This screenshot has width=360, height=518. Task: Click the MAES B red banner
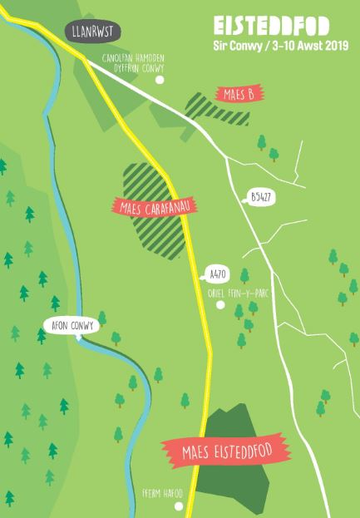pyautogui.click(x=239, y=94)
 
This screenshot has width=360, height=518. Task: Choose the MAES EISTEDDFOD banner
pyautogui.click(x=226, y=452)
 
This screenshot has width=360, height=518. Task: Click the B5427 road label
pyautogui.click(x=262, y=198)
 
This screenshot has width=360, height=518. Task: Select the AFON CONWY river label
pyautogui.click(x=71, y=326)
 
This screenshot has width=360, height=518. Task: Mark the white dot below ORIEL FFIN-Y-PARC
pyautogui.click(x=219, y=305)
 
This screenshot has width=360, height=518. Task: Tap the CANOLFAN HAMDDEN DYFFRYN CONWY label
pyautogui.click(x=133, y=62)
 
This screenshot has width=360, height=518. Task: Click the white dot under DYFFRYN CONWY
pyautogui.click(x=160, y=80)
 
